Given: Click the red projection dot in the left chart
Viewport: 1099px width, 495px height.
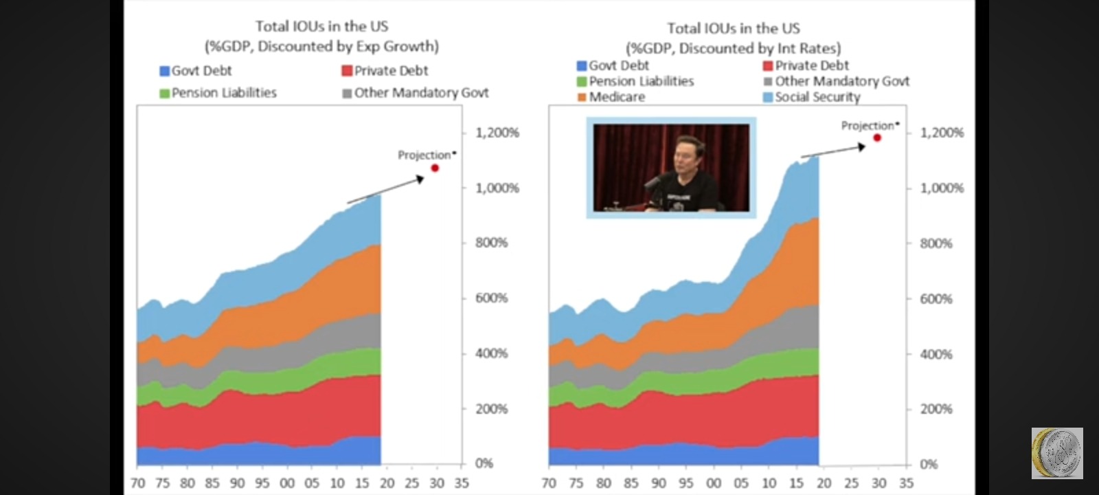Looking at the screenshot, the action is coord(435,168).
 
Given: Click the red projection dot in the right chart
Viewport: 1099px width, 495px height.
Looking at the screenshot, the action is coord(877,138).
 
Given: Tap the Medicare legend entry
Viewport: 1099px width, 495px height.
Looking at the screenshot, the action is coord(611,97).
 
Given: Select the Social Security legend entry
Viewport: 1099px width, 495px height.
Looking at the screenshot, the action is coord(812,97).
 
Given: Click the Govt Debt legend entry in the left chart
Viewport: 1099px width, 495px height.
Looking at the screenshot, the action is coord(196,71).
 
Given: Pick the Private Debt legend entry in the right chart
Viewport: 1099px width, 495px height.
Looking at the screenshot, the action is coord(806,65).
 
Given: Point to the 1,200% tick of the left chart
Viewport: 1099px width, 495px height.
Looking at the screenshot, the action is coord(497,133).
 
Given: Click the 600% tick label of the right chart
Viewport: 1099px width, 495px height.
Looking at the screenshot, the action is coord(936,298).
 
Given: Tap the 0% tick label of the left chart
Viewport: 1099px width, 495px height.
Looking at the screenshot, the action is coord(484,463).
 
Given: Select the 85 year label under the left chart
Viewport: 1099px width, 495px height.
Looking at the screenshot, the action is coord(212,483).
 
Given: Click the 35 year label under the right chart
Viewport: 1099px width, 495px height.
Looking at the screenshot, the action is coord(906,483).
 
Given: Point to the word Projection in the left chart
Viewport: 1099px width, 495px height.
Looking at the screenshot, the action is coord(424,155).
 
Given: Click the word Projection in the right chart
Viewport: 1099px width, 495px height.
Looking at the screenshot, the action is coord(868,126).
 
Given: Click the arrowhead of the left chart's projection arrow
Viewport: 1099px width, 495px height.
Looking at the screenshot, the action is coord(420,179).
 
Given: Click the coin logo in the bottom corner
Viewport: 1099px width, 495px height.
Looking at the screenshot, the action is coord(1057,453).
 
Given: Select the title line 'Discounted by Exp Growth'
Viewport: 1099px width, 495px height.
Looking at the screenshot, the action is coord(322,46).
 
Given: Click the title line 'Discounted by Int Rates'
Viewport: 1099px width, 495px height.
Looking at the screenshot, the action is coord(734,48).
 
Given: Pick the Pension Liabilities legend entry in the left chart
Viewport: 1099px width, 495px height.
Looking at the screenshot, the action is coord(218,93).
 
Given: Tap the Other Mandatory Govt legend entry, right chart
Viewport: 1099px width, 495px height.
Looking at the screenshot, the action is coord(837,81).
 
